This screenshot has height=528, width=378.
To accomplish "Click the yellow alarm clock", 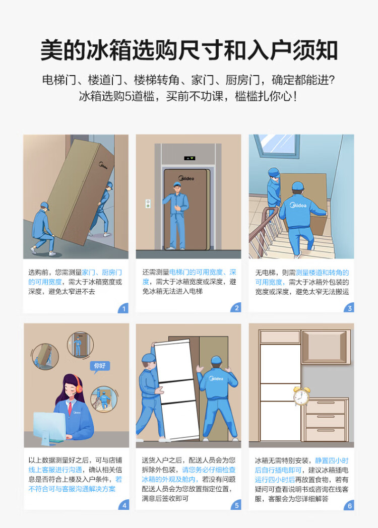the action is (x=301, y=396).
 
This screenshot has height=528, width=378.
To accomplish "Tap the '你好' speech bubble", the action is (x=100, y=366).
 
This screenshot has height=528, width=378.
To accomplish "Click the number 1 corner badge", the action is (x=123, y=308).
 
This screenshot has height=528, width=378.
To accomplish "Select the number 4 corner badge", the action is (x=124, y=505).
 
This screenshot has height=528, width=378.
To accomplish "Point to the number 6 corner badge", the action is (x=349, y=505).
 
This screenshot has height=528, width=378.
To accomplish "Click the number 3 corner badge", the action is (x=349, y=308).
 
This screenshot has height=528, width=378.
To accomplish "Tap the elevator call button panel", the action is (x=148, y=204).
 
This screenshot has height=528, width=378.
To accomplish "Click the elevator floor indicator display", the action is (x=190, y=158).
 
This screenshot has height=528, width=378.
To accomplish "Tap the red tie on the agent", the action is (x=70, y=408).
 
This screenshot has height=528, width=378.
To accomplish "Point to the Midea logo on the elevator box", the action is (x=186, y=178).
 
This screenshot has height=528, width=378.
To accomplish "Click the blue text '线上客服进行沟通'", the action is (x=55, y=470).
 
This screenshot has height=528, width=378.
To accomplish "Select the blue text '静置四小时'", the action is (x=332, y=460).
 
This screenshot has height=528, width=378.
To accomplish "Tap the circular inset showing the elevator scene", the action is (x=80, y=345).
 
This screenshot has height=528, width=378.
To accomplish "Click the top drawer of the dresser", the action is (x=326, y=407).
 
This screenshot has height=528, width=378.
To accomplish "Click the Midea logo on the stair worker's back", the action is (x=298, y=205).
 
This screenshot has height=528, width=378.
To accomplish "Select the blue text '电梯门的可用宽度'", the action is (x=196, y=272).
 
